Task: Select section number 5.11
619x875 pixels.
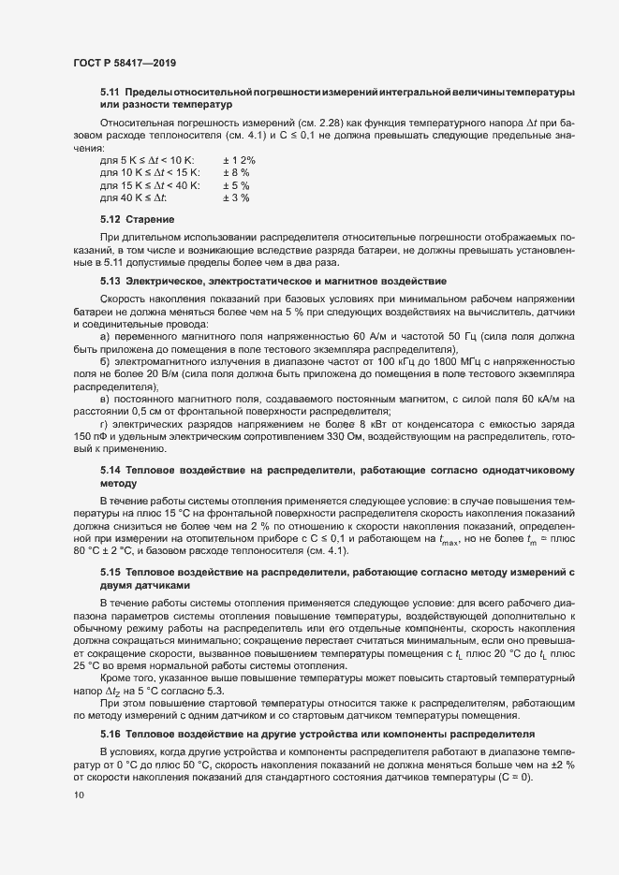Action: coord(111,91)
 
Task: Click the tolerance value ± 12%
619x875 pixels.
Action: coord(239,161)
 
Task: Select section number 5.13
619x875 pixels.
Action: coord(111,281)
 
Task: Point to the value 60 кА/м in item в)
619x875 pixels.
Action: coord(536,399)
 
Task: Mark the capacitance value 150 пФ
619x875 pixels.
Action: coord(93,436)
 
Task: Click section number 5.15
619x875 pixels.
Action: coord(111,570)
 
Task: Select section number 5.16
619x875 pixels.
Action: coord(111,712)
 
